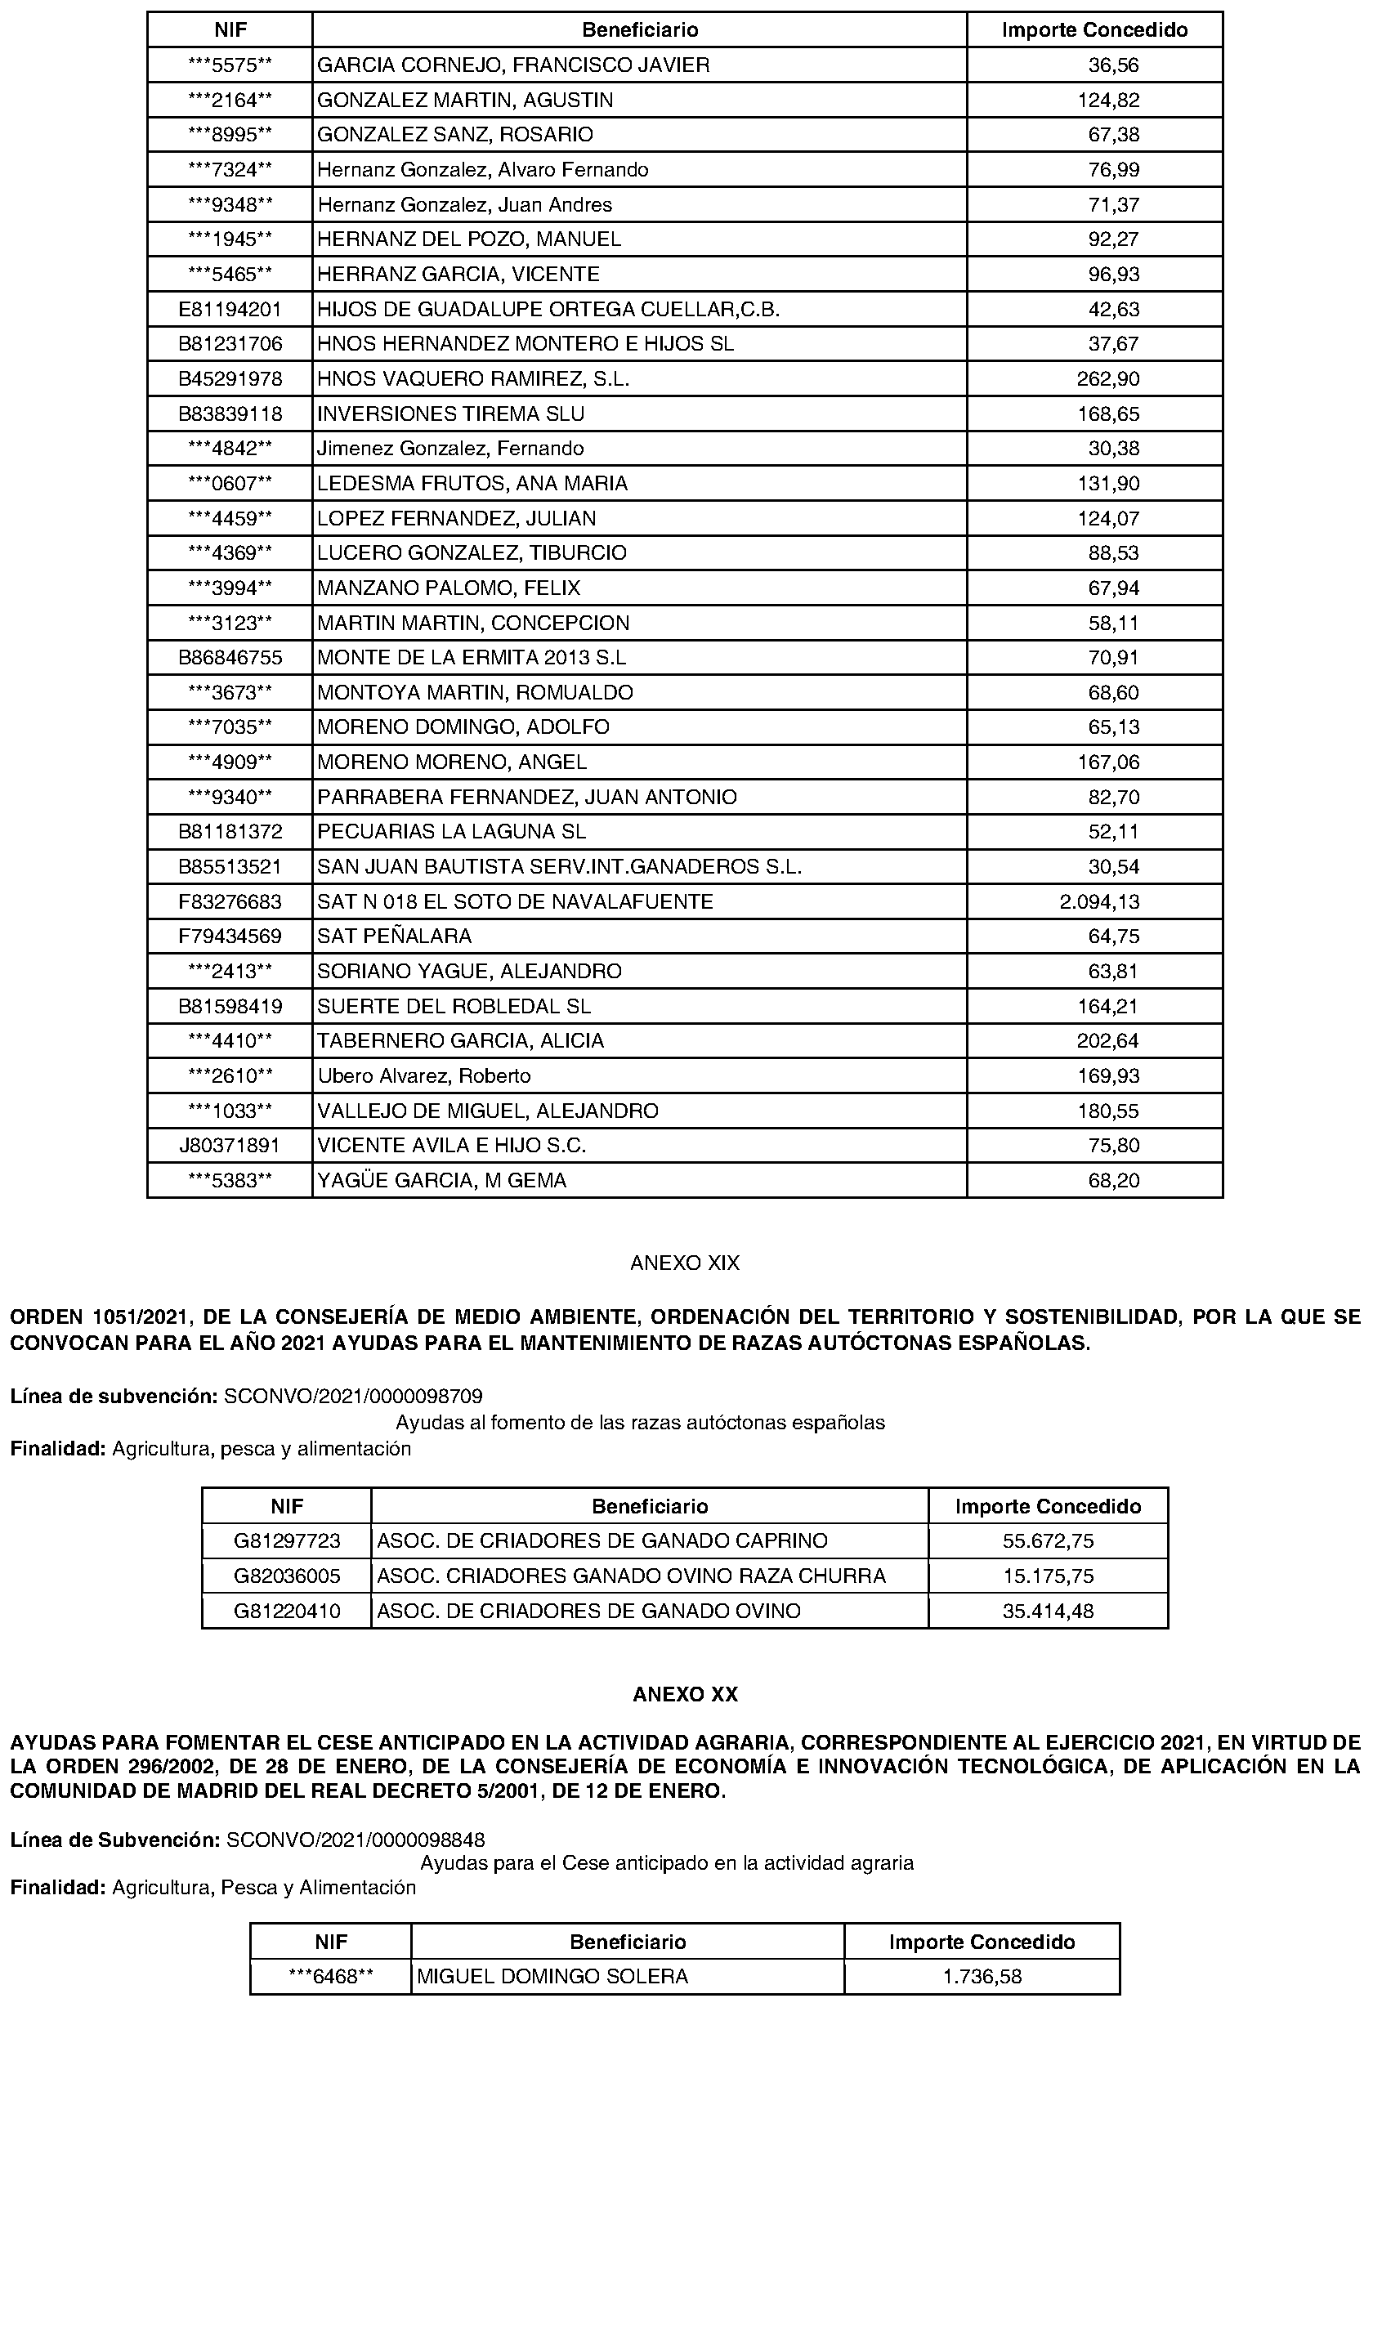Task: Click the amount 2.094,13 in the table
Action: [x=1099, y=901]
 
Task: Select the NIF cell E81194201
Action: [x=230, y=309]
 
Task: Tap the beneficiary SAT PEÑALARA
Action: [x=394, y=936]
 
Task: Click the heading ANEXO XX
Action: [x=685, y=1694]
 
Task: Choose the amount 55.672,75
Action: [x=1048, y=1540]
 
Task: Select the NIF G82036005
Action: [x=287, y=1576]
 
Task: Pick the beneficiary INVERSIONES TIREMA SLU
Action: [x=451, y=414]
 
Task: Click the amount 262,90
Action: [x=1108, y=379]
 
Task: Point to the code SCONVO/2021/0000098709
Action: [x=353, y=1396]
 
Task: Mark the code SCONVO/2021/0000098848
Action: [x=355, y=1840]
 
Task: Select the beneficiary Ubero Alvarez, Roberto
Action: [x=424, y=1075]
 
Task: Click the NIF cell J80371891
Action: [x=230, y=1145]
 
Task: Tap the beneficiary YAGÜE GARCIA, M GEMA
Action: [x=441, y=1180]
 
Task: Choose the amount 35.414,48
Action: [x=1048, y=1611]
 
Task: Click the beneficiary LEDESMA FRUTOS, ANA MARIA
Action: [x=472, y=483]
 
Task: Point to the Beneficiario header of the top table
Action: [x=640, y=29]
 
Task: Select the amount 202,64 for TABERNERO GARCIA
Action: [x=1108, y=1040]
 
